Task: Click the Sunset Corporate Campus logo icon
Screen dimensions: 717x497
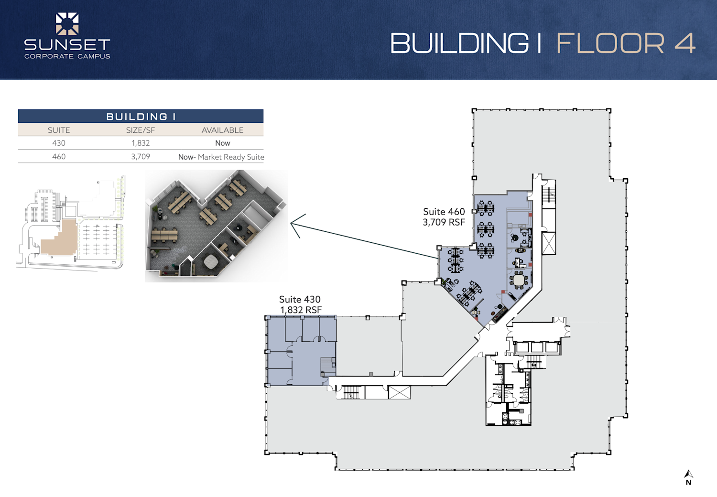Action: click(x=67, y=24)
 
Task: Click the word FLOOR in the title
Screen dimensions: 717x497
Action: click(x=610, y=43)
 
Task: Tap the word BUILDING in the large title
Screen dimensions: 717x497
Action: click(x=459, y=43)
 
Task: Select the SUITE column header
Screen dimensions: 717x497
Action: click(x=59, y=130)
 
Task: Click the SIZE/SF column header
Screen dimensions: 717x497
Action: click(x=141, y=130)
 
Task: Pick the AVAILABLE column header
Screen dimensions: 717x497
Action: click(x=222, y=130)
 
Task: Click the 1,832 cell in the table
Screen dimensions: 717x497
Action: click(x=141, y=143)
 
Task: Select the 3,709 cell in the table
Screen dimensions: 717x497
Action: click(x=141, y=156)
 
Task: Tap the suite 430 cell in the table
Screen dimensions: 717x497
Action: click(x=59, y=143)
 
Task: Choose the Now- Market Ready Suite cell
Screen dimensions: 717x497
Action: click(x=221, y=157)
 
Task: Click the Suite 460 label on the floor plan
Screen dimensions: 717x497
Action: click(x=444, y=212)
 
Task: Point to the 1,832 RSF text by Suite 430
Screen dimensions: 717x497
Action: click(x=301, y=310)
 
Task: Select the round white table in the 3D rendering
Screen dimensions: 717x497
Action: click(x=210, y=261)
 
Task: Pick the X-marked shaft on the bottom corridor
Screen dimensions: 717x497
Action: click(x=399, y=392)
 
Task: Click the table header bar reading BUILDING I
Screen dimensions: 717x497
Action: click(x=141, y=117)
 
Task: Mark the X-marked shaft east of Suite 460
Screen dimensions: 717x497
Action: click(x=549, y=243)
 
